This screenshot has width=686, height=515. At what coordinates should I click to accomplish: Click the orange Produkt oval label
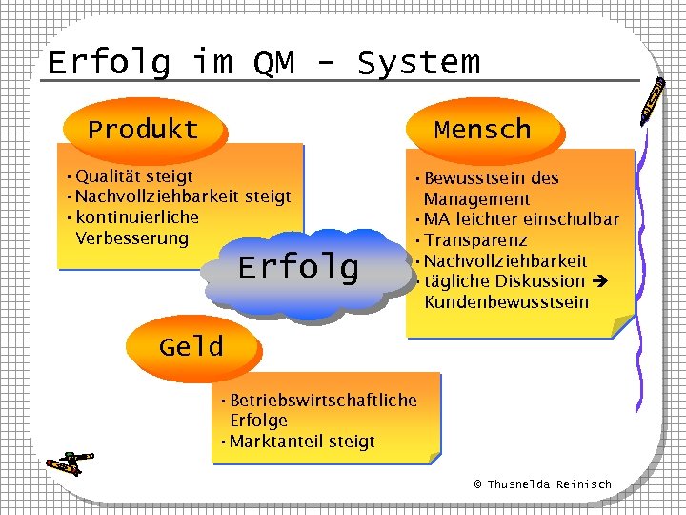click(x=143, y=130)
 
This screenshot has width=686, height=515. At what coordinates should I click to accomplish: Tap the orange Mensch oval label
click(x=482, y=129)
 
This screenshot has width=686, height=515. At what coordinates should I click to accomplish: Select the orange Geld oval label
click(x=192, y=346)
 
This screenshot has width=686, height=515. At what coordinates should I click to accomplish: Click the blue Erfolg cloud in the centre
click(x=298, y=268)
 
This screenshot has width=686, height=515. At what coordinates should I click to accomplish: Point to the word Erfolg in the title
click(x=109, y=63)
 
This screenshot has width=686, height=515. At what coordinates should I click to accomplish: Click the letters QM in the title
click(x=274, y=63)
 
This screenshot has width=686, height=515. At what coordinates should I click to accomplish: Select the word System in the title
click(x=418, y=63)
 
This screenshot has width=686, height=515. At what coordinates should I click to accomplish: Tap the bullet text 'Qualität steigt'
click(x=133, y=176)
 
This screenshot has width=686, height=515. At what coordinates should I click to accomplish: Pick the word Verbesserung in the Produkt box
click(x=131, y=237)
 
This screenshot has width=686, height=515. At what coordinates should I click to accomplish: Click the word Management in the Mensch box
click(x=476, y=199)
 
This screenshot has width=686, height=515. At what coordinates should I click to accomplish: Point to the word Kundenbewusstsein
click(x=506, y=302)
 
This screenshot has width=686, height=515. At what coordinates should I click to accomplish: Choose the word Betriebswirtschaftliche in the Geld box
click(x=324, y=401)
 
